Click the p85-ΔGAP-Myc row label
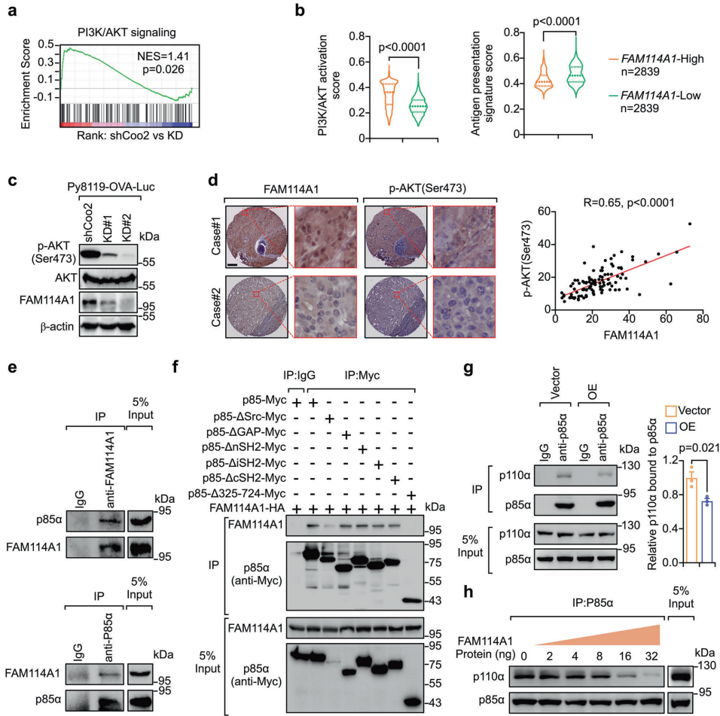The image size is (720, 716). [243, 434]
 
